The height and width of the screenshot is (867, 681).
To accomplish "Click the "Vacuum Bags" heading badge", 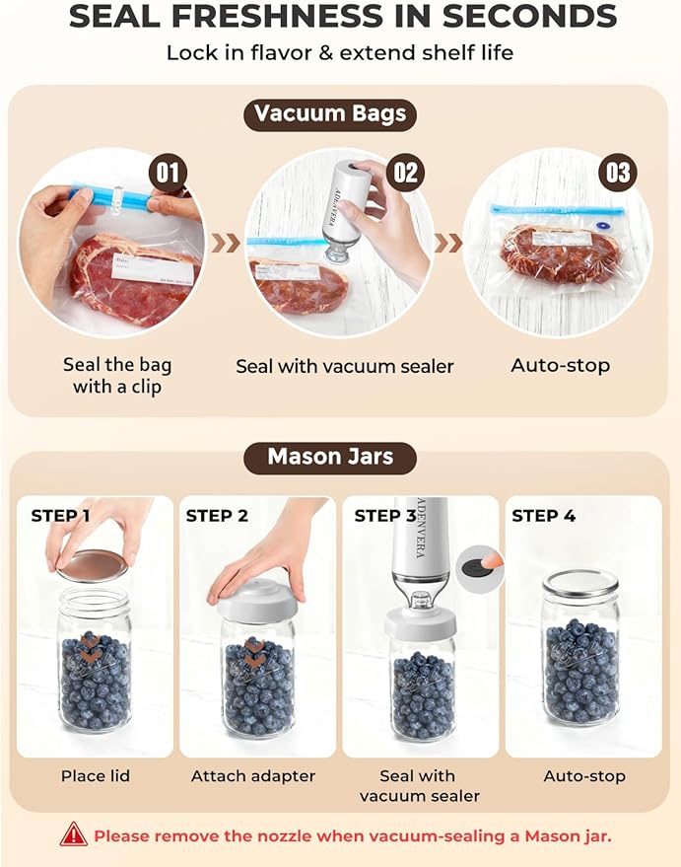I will (x=330, y=113).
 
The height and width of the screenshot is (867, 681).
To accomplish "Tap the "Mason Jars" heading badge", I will (x=330, y=458).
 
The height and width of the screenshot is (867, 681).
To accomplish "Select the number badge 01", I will (x=169, y=174).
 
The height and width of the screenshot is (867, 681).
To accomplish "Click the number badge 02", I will (x=406, y=174).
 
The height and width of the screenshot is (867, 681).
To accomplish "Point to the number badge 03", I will (x=617, y=174).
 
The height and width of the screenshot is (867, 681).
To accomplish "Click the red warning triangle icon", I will (x=73, y=835).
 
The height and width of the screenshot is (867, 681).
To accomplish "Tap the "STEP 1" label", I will (x=60, y=516).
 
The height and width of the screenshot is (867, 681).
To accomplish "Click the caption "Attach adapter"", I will (x=253, y=776).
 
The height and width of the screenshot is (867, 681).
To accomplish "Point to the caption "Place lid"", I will (x=96, y=776).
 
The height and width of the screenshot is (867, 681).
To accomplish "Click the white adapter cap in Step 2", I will (x=255, y=602).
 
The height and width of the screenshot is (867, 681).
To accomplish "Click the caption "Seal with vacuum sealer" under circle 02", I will (x=344, y=366).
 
